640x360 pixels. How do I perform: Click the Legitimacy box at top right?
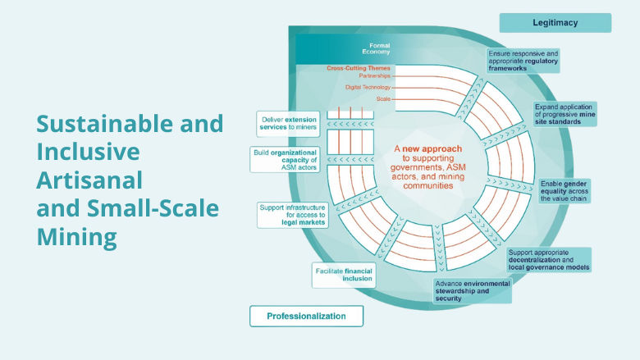pyautogui.click(x=555, y=23)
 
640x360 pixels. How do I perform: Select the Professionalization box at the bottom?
pyautogui.click(x=306, y=316)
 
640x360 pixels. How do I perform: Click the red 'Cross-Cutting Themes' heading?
pyautogui.click(x=359, y=68)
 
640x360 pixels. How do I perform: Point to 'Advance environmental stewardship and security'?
pyautogui.click(x=472, y=291)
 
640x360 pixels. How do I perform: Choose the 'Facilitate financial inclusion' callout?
pyautogui.click(x=343, y=274)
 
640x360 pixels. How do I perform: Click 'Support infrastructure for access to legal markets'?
pyautogui.click(x=291, y=216)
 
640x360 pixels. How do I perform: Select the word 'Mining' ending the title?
pyautogui.click(x=76, y=238)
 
